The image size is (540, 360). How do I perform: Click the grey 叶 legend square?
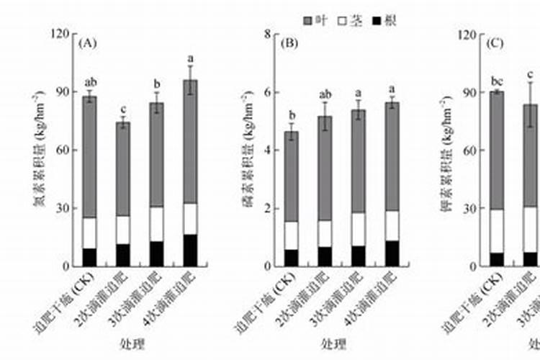pyautogui.click(x=307, y=20)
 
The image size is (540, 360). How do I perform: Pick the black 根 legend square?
pyautogui.click(x=375, y=20)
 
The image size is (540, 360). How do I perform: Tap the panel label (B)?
pyautogui.click(x=289, y=43)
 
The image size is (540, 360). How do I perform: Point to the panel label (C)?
pyautogui.click(x=494, y=43)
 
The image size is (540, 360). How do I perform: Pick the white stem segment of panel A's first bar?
pyautogui.click(x=89, y=233)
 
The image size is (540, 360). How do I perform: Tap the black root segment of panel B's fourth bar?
pyautogui.click(x=392, y=253)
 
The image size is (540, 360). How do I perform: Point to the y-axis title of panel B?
pyautogui.click(x=248, y=150)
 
